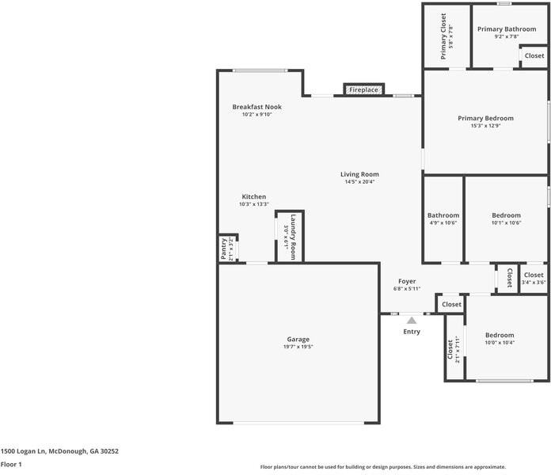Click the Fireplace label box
364,90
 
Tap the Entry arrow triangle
412,320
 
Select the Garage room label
298,339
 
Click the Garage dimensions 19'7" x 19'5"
298,347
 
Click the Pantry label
223,249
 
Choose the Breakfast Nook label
256,107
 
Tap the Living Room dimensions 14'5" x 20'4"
359,182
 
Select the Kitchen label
254,196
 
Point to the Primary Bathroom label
507,29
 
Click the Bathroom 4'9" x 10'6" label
443,215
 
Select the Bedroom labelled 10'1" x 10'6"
506,215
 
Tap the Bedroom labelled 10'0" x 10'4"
500,335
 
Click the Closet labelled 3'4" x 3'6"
534,275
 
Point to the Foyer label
407,281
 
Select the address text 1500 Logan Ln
59,450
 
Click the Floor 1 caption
11,465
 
